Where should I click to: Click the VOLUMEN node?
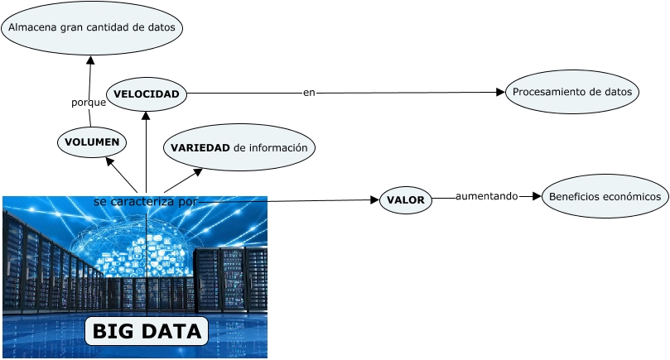[92, 142]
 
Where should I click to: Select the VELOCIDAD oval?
[147, 94]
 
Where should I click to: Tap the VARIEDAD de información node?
[239, 147]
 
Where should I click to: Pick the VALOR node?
[405, 200]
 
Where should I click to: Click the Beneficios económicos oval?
[605, 196]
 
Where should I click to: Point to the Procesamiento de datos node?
[571, 92]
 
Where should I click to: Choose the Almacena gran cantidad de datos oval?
[92, 27]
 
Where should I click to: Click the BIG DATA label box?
[147, 332]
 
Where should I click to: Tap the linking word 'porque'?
[88, 103]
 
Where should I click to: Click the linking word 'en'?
[309, 93]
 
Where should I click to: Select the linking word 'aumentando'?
[486, 196]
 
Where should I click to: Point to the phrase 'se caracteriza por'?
[146, 201]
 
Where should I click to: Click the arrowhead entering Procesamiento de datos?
[500, 92]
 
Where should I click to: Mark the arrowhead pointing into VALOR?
[374, 199]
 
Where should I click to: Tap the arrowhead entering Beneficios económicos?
[537, 196]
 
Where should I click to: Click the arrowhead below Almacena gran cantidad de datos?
[90, 60]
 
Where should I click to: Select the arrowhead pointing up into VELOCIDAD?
[146, 116]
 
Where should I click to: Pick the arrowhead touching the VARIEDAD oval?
[197, 172]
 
